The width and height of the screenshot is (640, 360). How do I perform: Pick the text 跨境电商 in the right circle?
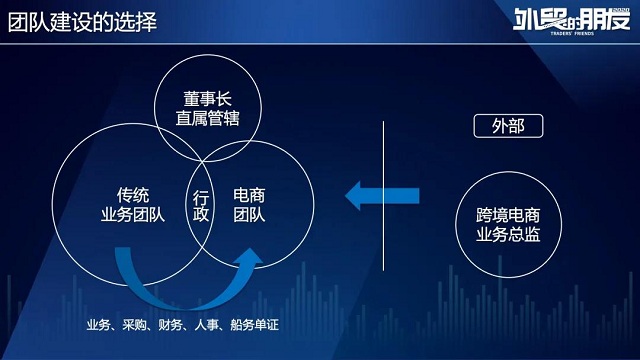[508, 214]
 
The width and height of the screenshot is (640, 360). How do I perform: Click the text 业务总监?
[508, 234]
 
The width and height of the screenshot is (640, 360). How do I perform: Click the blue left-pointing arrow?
[380, 193]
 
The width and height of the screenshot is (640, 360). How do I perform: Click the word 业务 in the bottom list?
[98, 326]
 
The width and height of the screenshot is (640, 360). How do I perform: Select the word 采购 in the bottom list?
[135, 326]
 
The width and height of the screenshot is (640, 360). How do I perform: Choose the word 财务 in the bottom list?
[172, 326]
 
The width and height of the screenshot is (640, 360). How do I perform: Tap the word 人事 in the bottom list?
[209, 326]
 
